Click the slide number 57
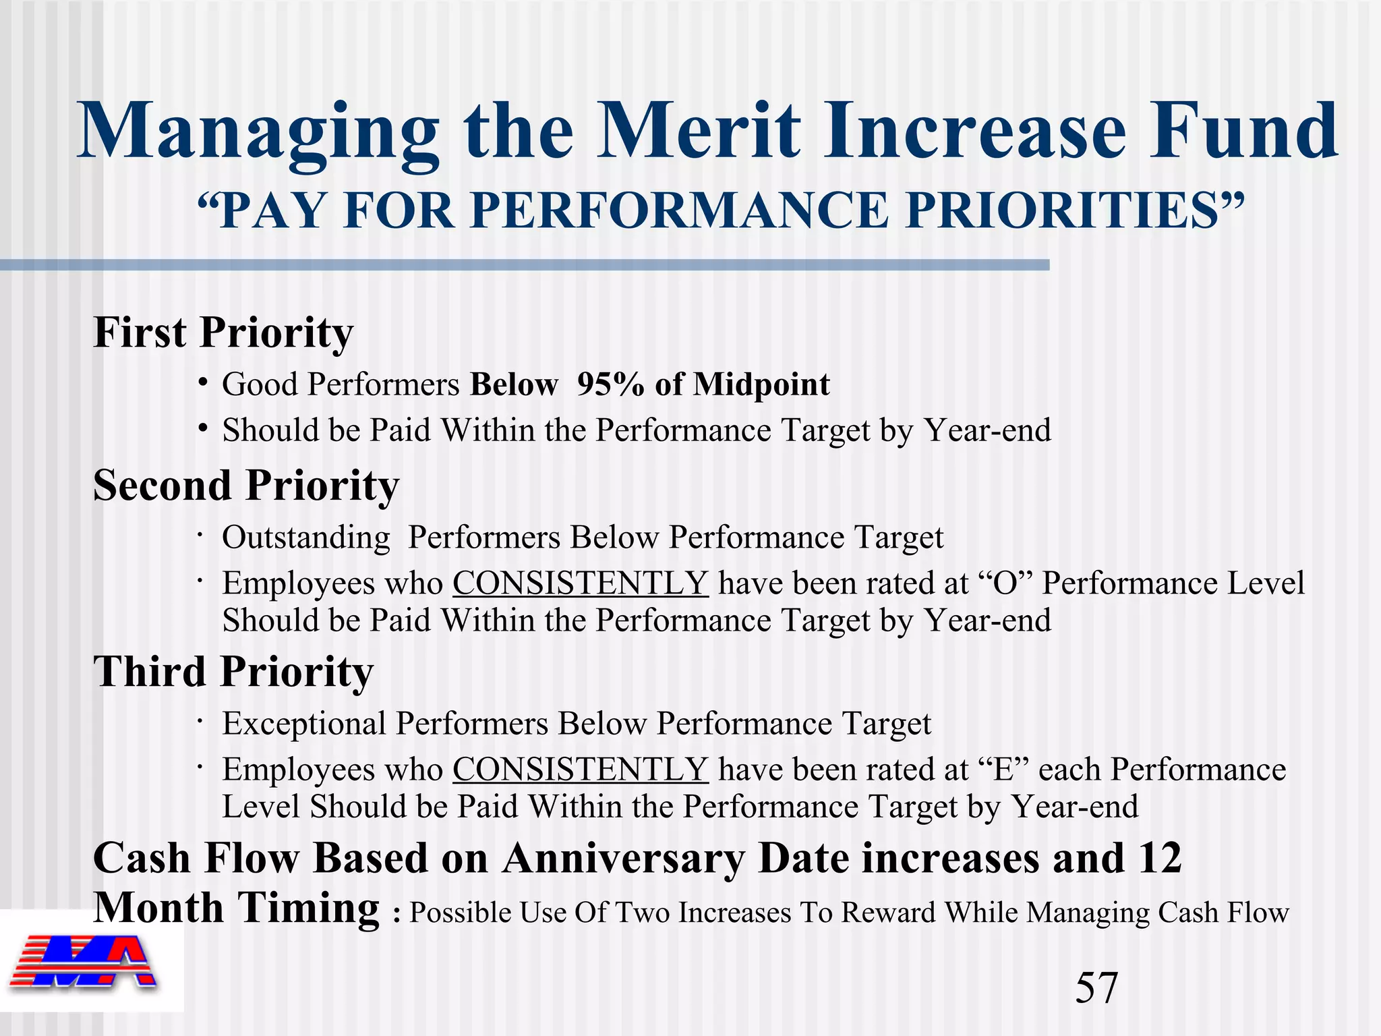click(x=1096, y=987)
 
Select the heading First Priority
click(x=223, y=333)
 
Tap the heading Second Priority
click(x=246, y=485)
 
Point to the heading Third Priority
click(x=233, y=672)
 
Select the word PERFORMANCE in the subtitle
click(x=681, y=211)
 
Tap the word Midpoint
click(x=762, y=384)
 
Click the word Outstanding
click(x=306, y=538)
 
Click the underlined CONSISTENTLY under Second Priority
click(x=580, y=583)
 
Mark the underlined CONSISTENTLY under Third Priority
click(x=580, y=770)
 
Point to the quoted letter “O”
click(x=1005, y=583)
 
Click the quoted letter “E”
click(x=1003, y=770)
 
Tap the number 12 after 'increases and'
click(x=1160, y=859)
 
